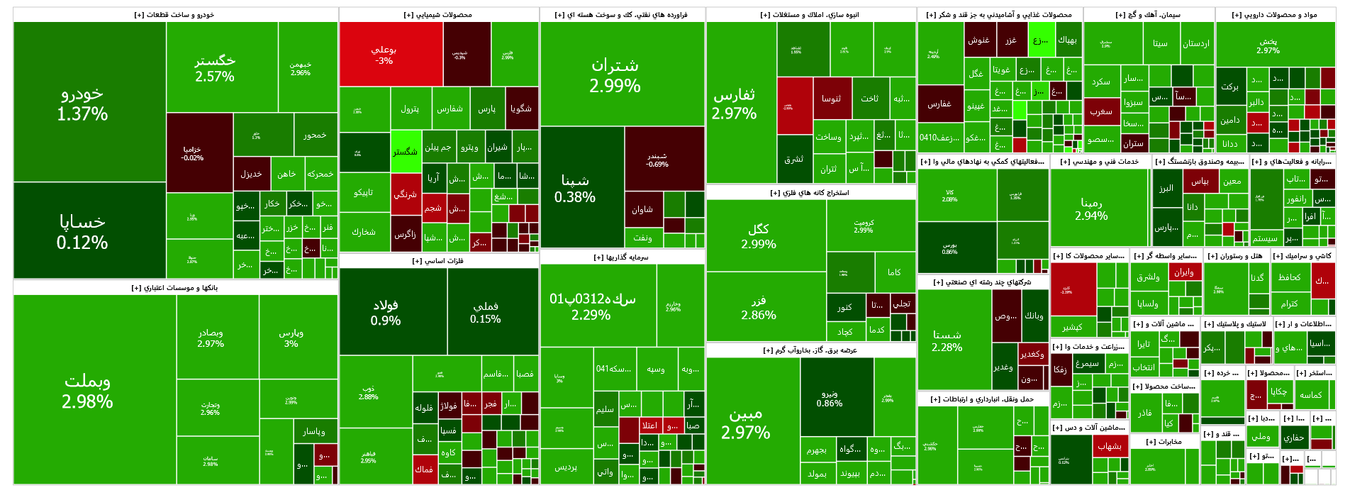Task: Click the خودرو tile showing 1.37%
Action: click(x=83, y=104)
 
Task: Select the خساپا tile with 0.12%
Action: click(x=83, y=231)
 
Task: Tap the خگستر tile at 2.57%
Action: click(x=215, y=67)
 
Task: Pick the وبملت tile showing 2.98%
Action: click(x=88, y=391)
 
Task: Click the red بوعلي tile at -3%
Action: click(x=384, y=55)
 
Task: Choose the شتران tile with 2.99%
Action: click(x=615, y=75)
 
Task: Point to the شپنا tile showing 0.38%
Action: click(x=575, y=189)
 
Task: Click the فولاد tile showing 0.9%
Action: click(x=386, y=312)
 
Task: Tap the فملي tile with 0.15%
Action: click(x=486, y=312)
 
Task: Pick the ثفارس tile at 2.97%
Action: click(x=735, y=104)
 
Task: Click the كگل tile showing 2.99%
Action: click(x=759, y=235)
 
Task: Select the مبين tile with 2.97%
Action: click(x=746, y=423)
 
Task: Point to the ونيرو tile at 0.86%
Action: click(x=830, y=398)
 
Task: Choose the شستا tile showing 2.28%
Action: click(x=947, y=340)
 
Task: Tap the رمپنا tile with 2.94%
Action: click(x=1091, y=209)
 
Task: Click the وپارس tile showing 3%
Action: click(x=291, y=338)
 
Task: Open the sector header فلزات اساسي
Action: click(x=438, y=261)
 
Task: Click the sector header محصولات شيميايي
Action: click(x=438, y=15)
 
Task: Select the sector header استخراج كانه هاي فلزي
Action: click(x=810, y=193)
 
